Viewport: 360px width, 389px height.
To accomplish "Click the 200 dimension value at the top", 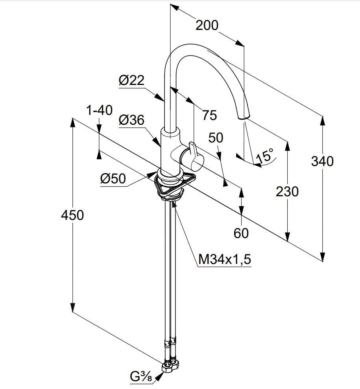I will click(207, 25).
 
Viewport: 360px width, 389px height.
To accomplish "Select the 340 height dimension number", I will click(322, 161).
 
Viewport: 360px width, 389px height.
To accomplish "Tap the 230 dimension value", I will click(287, 192).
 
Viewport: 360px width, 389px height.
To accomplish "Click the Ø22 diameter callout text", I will click(131, 80).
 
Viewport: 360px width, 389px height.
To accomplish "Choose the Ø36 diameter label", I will click(131, 120).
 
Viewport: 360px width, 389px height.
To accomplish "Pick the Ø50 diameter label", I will click(113, 179).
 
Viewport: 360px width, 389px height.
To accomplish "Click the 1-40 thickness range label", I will click(99, 111).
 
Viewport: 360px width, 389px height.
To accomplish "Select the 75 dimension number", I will click(209, 115).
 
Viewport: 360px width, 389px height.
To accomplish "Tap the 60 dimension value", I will click(241, 233).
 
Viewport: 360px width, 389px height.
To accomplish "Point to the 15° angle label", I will click(265, 157).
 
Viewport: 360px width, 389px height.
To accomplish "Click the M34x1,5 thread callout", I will click(225, 259).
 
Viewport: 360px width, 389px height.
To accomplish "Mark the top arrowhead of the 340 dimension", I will click(323, 120).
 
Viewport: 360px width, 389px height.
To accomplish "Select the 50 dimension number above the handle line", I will click(216, 138).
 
